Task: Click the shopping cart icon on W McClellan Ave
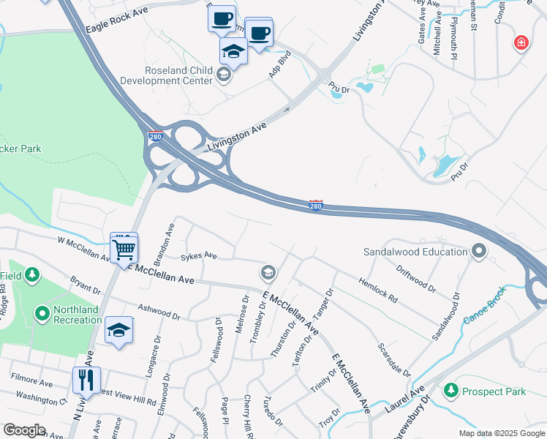(x=124, y=249)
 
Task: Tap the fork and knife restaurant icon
(x=86, y=380)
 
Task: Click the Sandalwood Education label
(x=415, y=252)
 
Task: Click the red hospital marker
(x=521, y=43)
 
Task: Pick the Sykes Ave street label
(x=200, y=256)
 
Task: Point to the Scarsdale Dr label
(x=393, y=359)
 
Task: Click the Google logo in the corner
(x=24, y=430)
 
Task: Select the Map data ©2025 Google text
(x=501, y=433)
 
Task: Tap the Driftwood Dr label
(x=417, y=283)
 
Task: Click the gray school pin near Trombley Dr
(x=268, y=273)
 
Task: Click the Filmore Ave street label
(x=31, y=381)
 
